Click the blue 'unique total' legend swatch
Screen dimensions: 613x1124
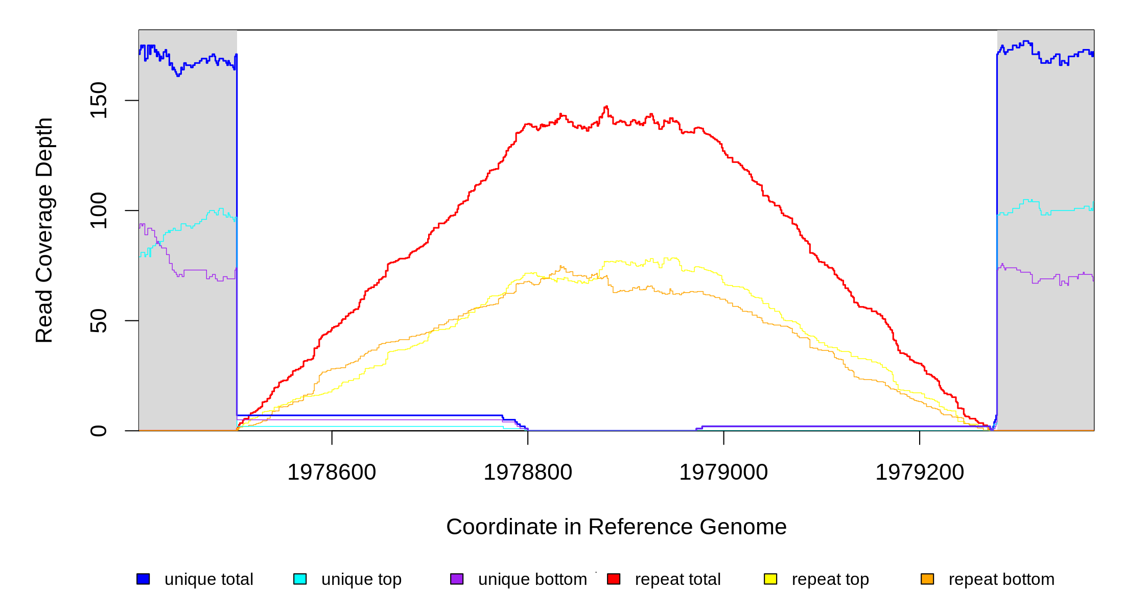click(x=143, y=579)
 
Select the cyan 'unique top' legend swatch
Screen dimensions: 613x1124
click(x=300, y=579)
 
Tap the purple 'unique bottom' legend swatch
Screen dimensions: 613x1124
click(x=457, y=579)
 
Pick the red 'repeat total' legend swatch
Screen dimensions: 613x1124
click(x=614, y=579)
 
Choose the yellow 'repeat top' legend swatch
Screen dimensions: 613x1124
click(x=770, y=579)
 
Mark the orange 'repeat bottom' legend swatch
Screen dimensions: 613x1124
click(x=927, y=579)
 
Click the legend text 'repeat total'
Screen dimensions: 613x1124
click(x=677, y=579)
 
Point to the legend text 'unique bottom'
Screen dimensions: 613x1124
click(x=532, y=579)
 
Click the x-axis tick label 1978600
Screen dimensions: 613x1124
click(x=332, y=472)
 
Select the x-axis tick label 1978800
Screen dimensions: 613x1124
click(x=528, y=472)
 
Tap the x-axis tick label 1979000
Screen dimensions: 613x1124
click(x=723, y=472)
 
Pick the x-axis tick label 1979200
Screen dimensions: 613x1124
click(x=920, y=472)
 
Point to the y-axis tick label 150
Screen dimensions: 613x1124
click(x=99, y=100)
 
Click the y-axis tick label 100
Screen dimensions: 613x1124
click(x=99, y=210)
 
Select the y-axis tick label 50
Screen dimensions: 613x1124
click(x=99, y=321)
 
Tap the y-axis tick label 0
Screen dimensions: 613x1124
click(x=99, y=431)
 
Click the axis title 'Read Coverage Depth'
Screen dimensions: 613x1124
click(x=44, y=230)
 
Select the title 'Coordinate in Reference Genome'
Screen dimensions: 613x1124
click(x=616, y=527)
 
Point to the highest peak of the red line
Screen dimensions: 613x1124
click(x=606, y=106)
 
